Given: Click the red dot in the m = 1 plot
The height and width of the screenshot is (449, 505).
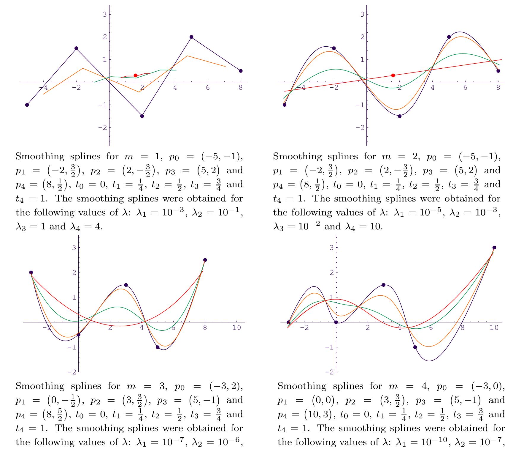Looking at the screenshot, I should point(136,75).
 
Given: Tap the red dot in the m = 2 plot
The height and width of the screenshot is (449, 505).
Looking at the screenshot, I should point(393,75).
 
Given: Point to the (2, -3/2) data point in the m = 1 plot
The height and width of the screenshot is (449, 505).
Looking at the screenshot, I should point(142,116).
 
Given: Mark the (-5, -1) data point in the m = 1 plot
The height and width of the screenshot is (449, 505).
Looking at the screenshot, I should point(27,105).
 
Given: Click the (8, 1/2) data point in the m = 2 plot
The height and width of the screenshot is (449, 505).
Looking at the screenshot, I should point(498,71).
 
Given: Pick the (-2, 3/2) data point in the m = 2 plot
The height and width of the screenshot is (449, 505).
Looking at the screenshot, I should point(334,48).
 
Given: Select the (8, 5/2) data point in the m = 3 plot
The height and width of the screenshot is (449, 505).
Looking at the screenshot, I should point(205,260).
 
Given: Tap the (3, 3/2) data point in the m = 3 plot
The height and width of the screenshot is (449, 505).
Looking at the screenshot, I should point(126,285).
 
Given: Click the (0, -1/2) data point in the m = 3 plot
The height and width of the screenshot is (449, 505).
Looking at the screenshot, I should point(79,335).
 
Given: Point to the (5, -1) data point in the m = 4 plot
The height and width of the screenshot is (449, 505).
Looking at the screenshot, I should point(415,347).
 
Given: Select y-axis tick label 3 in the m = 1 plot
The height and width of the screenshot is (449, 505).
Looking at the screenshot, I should point(104,14).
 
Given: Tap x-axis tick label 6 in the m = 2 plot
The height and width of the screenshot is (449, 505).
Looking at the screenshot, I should point(465,87).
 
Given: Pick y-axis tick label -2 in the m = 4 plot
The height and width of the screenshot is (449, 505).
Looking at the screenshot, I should point(329,372).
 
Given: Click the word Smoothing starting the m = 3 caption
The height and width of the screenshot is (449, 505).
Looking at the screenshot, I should point(40,386).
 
